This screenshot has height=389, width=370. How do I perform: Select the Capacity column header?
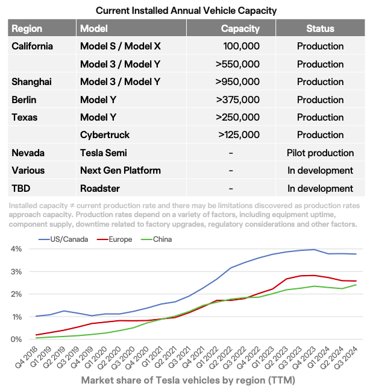(x=240, y=28)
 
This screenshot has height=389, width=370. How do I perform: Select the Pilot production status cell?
(x=320, y=153)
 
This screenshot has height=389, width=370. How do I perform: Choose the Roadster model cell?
(x=101, y=188)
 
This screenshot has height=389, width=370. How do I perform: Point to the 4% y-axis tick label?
(x=16, y=248)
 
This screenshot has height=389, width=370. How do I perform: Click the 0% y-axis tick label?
(x=16, y=340)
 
